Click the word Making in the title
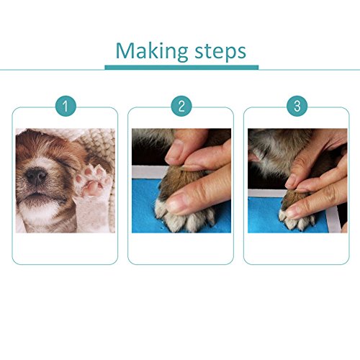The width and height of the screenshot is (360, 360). coord(152,52)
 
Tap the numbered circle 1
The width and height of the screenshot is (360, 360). coord(66,106)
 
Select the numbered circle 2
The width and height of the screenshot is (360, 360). coord(181,106)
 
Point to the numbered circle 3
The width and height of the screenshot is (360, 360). coord(297,106)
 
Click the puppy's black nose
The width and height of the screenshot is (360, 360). coord(36,176)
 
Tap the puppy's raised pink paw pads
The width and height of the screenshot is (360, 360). coord(92,181)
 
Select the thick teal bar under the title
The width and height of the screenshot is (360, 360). coord(181,68)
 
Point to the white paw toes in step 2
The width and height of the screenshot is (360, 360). coord(185,217)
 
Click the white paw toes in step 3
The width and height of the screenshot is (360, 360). coord(297,220)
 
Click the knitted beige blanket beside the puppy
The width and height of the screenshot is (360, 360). coord(101,144)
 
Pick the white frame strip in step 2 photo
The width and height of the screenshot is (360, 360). coord(149,172)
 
